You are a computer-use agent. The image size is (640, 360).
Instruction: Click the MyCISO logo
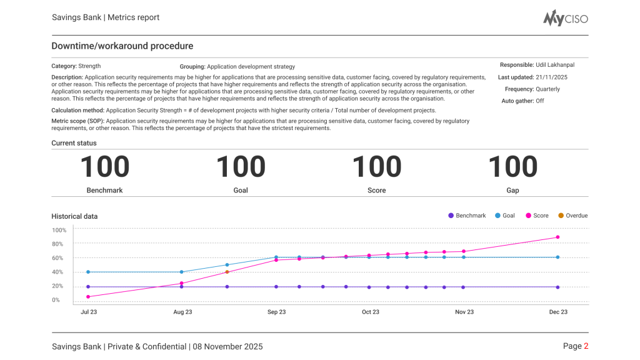click(x=565, y=19)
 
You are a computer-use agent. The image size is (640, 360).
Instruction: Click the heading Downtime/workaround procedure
click(x=122, y=46)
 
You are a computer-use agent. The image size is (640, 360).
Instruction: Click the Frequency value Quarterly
click(x=547, y=89)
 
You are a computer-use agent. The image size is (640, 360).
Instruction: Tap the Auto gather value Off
click(x=539, y=101)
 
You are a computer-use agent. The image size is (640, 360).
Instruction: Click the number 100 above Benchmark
click(x=104, y=167)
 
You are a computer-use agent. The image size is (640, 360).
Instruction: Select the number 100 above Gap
click(x=512, y=167)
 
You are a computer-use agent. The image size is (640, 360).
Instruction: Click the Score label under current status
click(x=376, y=190)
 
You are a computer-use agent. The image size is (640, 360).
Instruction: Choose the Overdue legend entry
click(x=572, y=216)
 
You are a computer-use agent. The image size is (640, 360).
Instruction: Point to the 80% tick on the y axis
click(x=58, y=244)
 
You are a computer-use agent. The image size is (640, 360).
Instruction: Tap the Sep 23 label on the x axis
click(x=276, y=312)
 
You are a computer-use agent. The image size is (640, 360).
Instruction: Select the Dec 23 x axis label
click(x=557, y=312)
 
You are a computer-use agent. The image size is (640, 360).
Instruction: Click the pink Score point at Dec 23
click(x=557, y=237)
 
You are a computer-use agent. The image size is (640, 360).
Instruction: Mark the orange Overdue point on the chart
click(x=227, y=272)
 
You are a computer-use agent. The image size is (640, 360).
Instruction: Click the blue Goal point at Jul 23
click(x=88, y=272)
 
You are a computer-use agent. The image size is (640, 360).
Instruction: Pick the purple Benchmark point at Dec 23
click(x=557, y=287)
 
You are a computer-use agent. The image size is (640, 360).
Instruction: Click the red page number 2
click(x=586, y=346)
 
